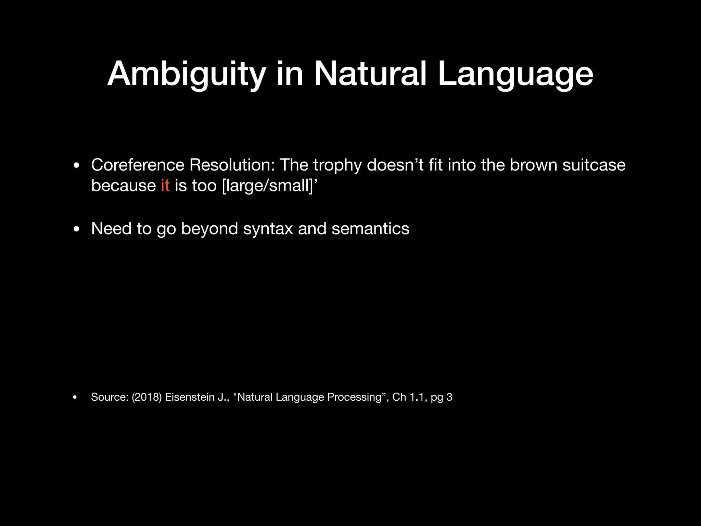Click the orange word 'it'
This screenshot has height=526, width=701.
pyautogui.click(x=165, y=186)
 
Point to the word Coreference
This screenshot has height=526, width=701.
pyautogui.click(x=138, y=165)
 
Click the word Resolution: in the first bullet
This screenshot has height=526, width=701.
pyautogui.click(x=232, y=165)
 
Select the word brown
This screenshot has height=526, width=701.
pyautogui.click(x=533, y=165)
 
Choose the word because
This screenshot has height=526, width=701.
pyautogui.click(x=123, y=186)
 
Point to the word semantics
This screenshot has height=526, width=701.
pyautogui.click(x=370, y=229)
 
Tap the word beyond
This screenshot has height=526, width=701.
pyautogui.click(x=209, y=229)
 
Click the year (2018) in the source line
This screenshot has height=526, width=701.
pyautogui.click(x=146, y=397)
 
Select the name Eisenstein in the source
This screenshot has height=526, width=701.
pyautogui.click(x=190, y=397)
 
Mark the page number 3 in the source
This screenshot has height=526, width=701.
pyautogui.click(x=449, y=397)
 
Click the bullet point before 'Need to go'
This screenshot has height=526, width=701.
pyautogui.click(x=76, y=229)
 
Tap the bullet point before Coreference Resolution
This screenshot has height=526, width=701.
pyautogui.click(x=76, y=166)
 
